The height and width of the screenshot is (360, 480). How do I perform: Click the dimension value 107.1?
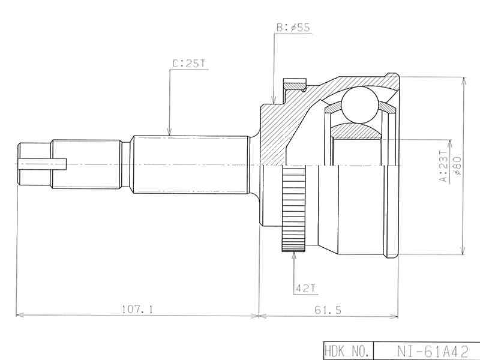(137, 309)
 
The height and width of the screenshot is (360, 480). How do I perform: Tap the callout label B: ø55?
(293, 28)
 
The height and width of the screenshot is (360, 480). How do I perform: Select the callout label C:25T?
(188, 62)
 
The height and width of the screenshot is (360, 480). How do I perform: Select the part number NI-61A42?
(428, 350)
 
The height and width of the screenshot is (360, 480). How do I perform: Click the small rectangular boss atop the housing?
(294, 85)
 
